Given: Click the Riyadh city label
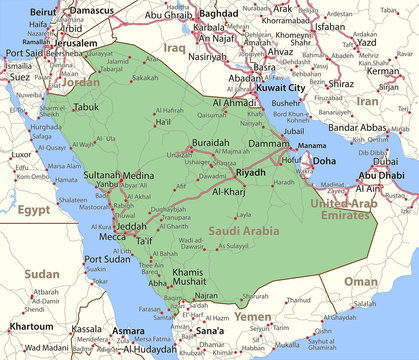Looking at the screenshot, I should pos(251,173).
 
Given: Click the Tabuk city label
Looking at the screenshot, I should pos(86,106).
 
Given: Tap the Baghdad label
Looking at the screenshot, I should pos(218,13).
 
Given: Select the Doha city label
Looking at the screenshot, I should pos(324,160).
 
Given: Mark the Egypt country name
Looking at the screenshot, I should pos(33,211).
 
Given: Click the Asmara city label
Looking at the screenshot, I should pos(127,329).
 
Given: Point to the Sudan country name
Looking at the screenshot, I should pos(41,273).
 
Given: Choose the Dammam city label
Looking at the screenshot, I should pos(268,144).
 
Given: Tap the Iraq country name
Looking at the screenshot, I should pos(175,47).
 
